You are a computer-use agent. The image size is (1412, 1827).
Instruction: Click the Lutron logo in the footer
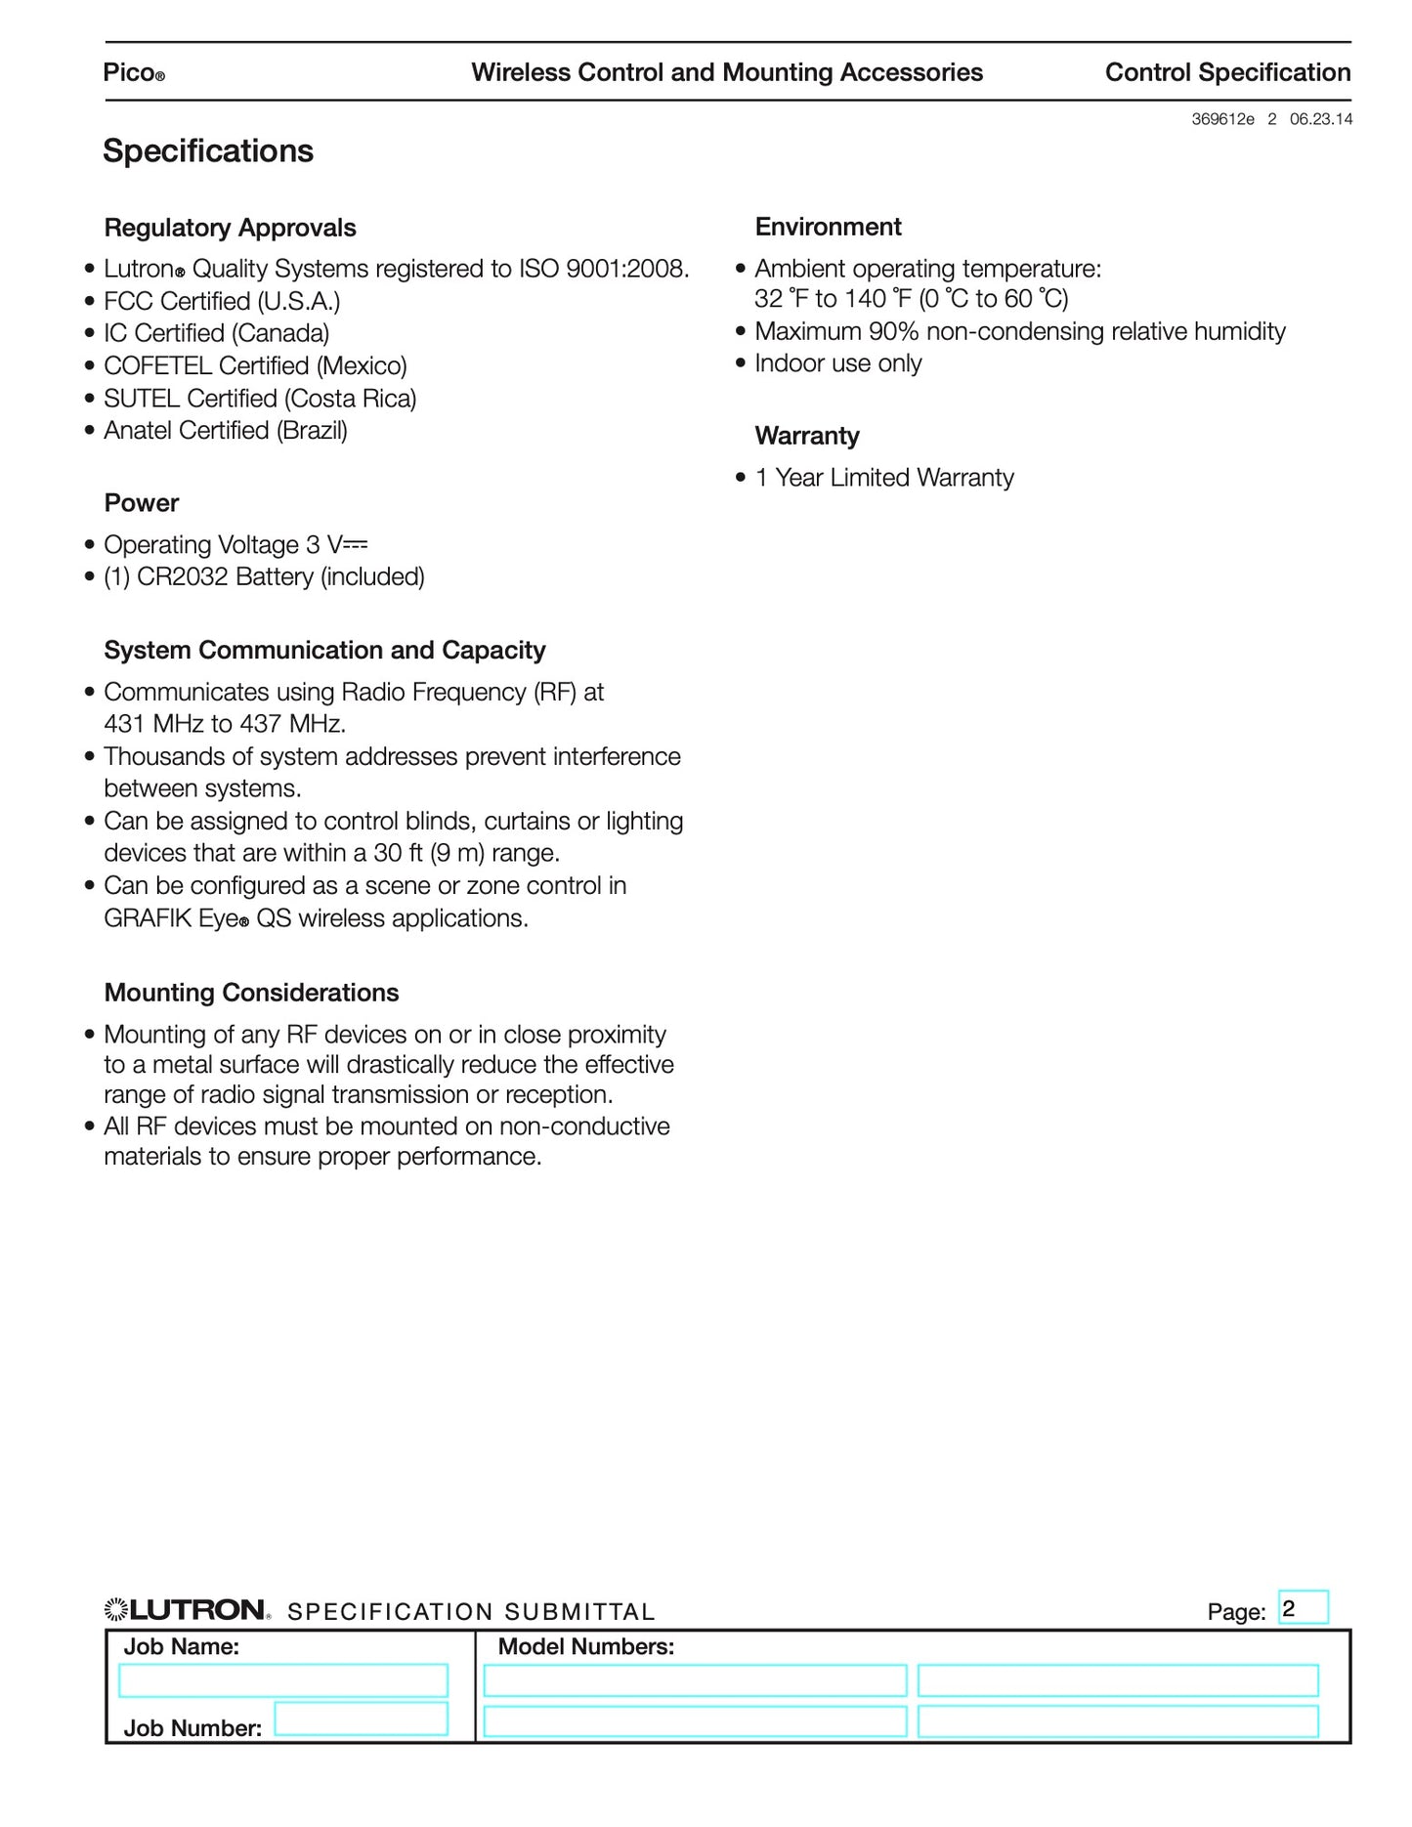187,1610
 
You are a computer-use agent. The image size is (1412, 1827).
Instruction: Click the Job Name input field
282,1680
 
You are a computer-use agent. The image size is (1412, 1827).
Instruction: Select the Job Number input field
361,1719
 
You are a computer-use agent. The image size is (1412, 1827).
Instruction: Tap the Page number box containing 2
1303,1608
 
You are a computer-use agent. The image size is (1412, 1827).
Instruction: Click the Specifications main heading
208,151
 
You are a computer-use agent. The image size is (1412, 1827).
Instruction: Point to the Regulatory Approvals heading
230,228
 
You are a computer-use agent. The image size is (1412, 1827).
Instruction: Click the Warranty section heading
807,436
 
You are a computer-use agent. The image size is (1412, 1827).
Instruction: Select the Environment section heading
828,227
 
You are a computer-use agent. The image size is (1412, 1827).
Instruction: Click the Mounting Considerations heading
251,993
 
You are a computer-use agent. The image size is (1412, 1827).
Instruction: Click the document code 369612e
1222,119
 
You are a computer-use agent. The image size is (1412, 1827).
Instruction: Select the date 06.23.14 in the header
1321,119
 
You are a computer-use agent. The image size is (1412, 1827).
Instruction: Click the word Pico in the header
129,73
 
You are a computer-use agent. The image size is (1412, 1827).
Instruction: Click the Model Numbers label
586,1646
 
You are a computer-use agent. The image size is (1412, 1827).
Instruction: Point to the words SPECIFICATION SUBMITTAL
471,1612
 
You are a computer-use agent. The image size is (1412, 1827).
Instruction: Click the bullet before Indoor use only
741,363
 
